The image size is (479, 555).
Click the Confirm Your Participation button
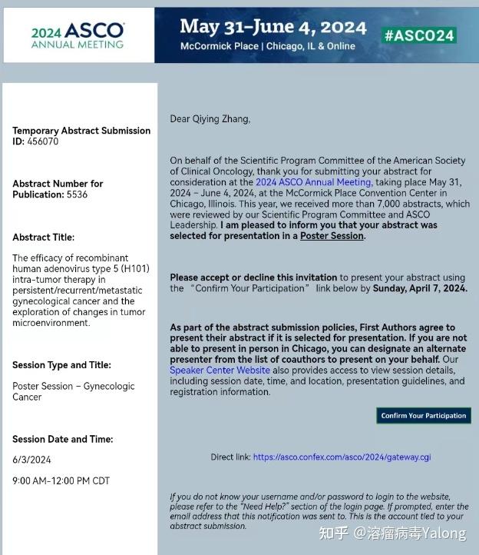424,416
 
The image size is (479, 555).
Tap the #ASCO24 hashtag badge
419,35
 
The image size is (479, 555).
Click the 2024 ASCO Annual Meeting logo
78,35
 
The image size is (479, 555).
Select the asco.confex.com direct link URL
342,457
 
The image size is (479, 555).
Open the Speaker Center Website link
210,370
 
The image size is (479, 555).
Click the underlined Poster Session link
332,236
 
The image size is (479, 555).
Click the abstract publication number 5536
77,194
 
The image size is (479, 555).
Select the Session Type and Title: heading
61,365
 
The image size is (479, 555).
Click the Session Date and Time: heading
62,440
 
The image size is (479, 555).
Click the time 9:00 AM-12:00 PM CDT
61,481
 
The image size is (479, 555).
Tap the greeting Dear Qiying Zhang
210,119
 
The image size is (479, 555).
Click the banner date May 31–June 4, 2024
273,27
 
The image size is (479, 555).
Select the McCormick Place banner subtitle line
267,46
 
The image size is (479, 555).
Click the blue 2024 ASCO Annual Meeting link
313,182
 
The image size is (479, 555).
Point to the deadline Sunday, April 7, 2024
421,288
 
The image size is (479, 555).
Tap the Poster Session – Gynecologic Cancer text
73,391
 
